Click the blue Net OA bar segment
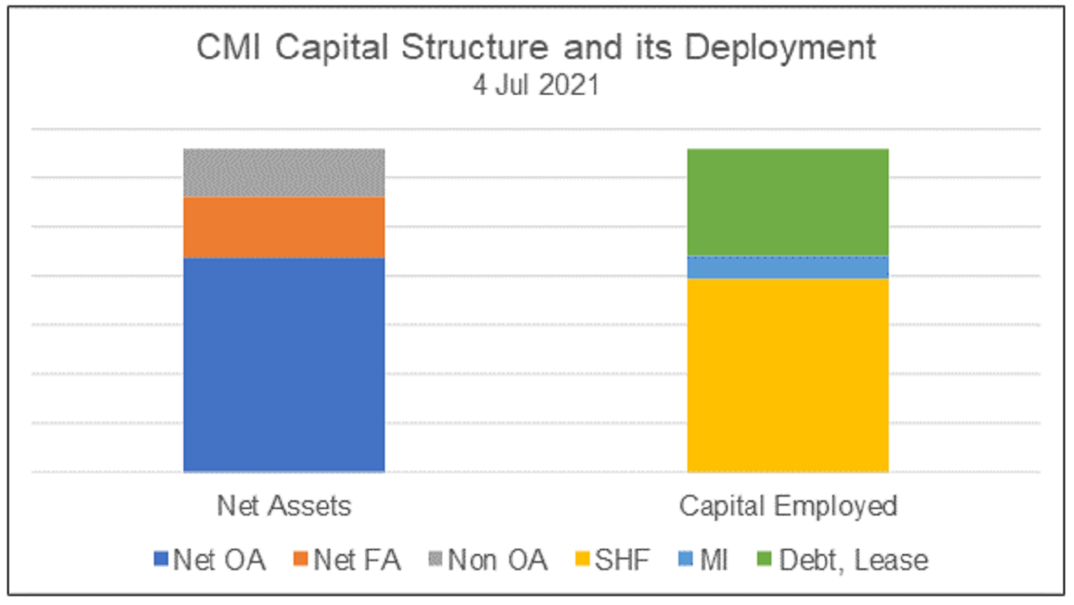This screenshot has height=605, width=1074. pos(284,364)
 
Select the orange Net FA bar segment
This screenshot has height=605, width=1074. pos(284,227)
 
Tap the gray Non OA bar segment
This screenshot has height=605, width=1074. pos(284,173)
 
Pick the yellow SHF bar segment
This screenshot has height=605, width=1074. pos(788,375)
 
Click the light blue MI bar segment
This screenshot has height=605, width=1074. pos(788,267)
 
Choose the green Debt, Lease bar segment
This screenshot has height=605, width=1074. pos(788,202)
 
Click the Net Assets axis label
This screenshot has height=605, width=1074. pos(285,507)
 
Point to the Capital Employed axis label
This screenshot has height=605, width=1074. pos(788,507)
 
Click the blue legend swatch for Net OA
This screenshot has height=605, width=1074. pos(161,560)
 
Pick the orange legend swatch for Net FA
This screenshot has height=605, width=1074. pos(300,560)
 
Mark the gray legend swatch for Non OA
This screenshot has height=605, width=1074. pos(435,560)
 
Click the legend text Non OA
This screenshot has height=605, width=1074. pos(497,560)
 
